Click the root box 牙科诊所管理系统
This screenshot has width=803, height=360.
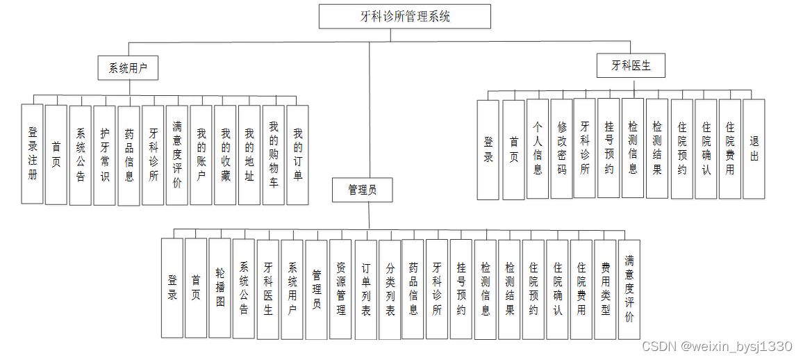[405, 17]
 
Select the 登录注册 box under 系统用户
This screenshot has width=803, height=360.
[33, 154]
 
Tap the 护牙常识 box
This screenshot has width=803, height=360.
[104, 155]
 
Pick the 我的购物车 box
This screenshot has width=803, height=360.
[274, 155]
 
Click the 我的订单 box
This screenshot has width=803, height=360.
[297, 154]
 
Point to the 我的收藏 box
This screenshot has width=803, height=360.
[225, 155]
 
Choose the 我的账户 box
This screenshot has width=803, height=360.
[201, 154]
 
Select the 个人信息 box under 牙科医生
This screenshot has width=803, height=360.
[538, 149]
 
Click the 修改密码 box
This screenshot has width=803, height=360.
[562, 149]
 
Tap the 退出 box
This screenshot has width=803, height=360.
[754, 149]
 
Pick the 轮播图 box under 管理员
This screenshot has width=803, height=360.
[220, 288]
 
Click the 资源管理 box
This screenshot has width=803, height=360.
[341, 289]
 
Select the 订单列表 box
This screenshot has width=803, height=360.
[366, 289]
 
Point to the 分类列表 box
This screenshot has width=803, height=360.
[390, 289]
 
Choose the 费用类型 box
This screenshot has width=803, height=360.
[606, 288]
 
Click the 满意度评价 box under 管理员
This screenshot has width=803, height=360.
[629, 288]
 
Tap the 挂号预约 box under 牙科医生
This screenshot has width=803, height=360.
[609, 149]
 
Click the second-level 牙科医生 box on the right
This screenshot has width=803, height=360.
[631, 66]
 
